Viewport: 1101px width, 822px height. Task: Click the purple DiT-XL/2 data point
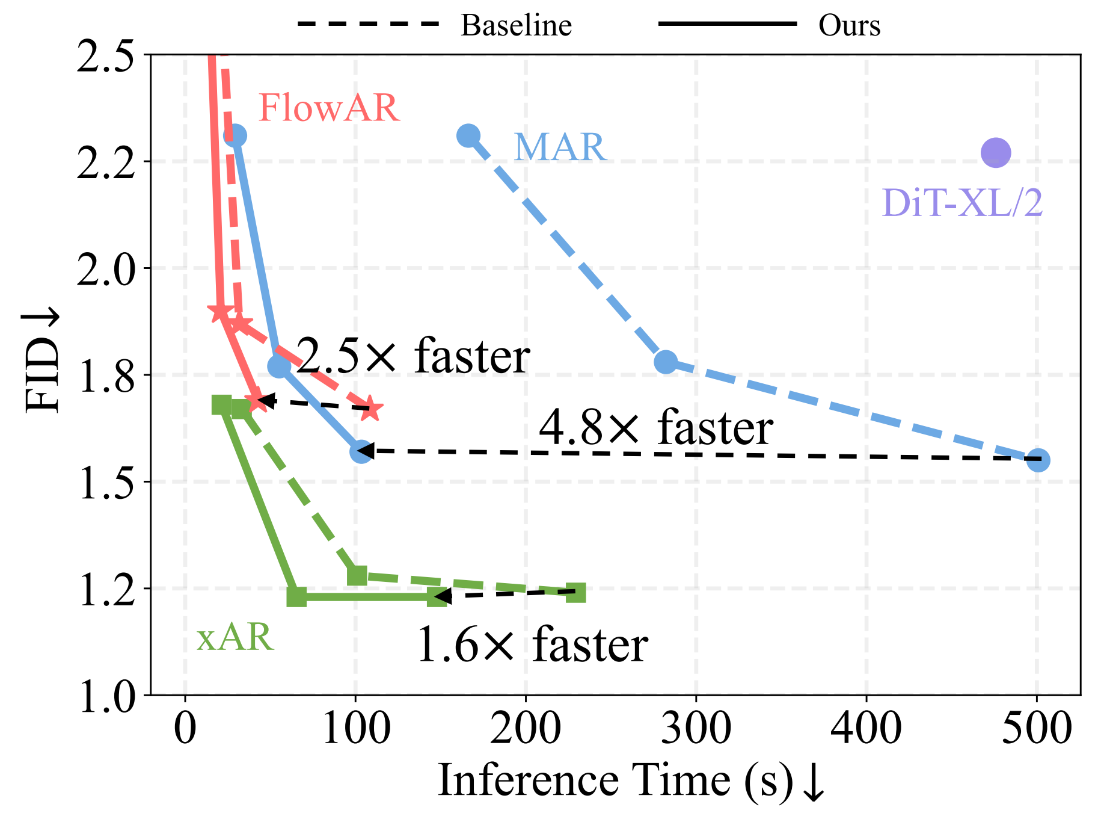995,152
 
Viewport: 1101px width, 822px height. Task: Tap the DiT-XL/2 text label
961,203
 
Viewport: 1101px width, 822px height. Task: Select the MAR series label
559,147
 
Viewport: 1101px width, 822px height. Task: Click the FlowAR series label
329,108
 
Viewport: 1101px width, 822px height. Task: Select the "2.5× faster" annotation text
414,356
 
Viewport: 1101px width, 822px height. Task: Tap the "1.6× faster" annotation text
532,644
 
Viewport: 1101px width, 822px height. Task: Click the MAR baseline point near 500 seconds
1038,460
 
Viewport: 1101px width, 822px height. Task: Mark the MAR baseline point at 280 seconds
666,362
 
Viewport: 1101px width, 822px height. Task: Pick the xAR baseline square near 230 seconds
576,593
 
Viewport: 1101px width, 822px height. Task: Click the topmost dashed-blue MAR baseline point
468,136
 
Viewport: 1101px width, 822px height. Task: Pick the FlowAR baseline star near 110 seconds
371,409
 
